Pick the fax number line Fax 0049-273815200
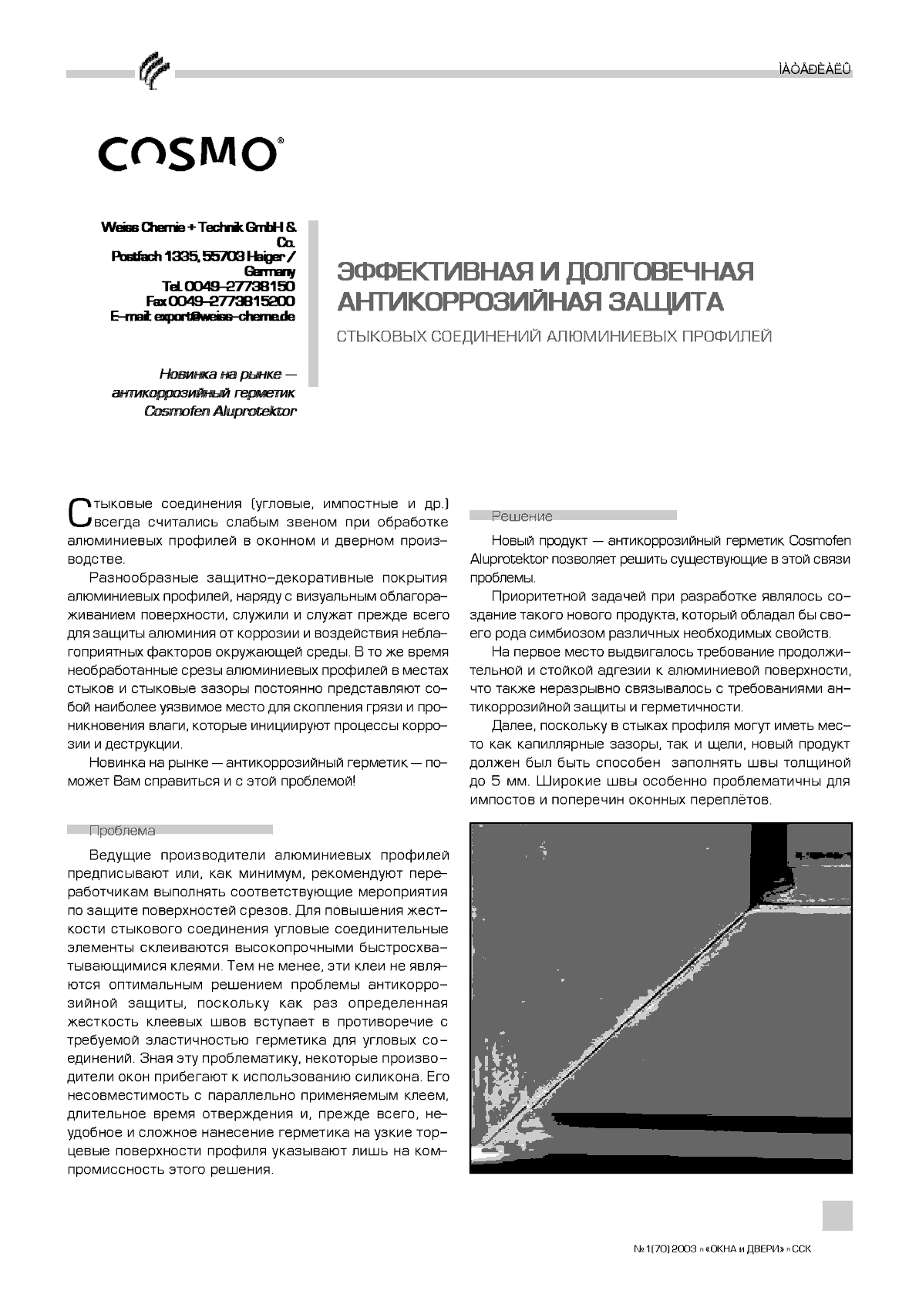(x=220, y=301)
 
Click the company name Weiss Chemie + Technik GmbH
(x=198, y=228)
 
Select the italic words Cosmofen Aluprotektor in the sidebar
(x=220, y=412)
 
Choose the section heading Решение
(x=522, y=516)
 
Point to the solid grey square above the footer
(x=837, y=1215)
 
